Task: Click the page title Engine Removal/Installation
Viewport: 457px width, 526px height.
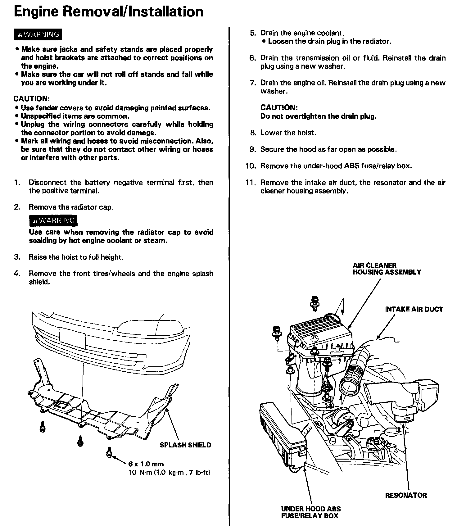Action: point(109,12)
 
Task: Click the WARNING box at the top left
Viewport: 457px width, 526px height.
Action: point(38,34)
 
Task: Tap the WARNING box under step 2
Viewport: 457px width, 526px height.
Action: point(53,221)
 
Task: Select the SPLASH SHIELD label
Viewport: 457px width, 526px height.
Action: point(185,445)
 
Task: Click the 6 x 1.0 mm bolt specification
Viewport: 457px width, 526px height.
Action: point(146,464)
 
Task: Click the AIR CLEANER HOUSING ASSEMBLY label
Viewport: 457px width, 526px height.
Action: point(387,269)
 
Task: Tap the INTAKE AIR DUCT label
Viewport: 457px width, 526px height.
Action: point(414,309)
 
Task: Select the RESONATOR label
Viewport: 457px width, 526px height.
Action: point(406,495)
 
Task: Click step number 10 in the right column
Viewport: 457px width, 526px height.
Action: point(250,166)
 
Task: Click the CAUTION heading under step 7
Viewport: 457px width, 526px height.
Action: point(279,108)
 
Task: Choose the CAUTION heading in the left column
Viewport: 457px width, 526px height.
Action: point(31,99)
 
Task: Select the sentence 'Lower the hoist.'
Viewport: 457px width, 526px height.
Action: point(288,133)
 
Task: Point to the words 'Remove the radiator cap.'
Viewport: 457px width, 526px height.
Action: point(71,207)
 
